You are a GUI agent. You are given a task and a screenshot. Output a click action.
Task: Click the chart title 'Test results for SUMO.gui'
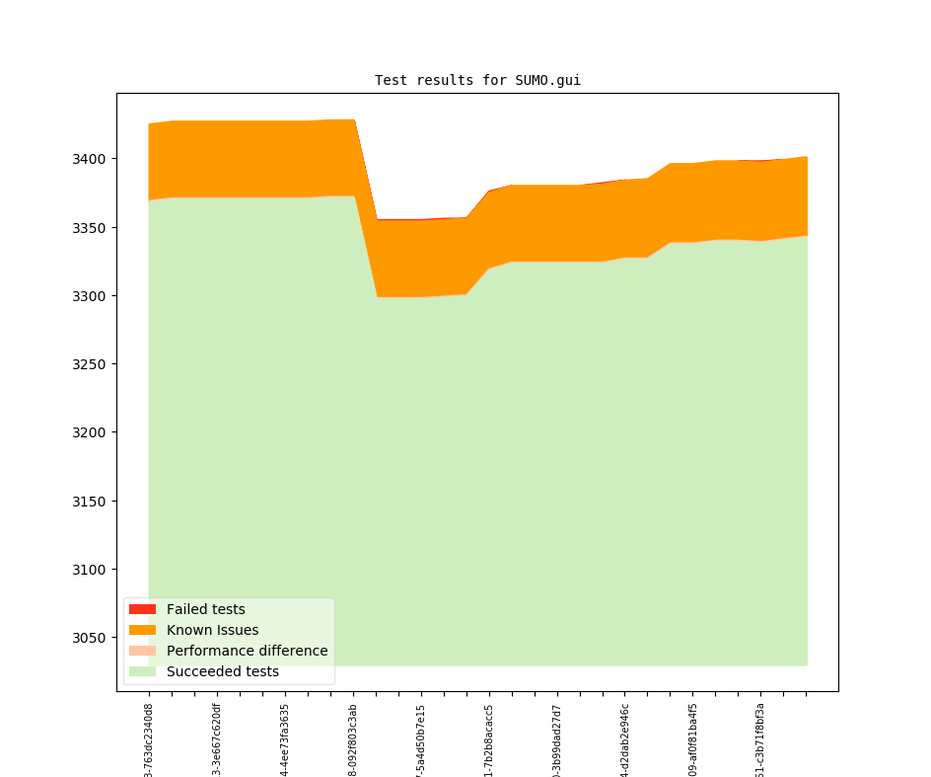pos(477,81)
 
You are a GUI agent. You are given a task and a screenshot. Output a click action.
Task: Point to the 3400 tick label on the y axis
pos(90,159)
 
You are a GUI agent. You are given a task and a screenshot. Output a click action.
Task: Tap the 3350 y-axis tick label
pos(90,228)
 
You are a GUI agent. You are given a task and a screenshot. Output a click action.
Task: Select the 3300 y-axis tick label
pos(90,296)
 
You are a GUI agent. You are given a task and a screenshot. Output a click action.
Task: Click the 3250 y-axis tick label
pos(90,364)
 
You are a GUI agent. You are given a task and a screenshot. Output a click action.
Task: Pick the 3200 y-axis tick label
pos(90,432)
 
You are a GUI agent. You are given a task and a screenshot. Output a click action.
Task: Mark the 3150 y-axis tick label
pos(90,502)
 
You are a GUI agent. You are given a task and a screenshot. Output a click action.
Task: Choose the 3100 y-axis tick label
pos(90,570)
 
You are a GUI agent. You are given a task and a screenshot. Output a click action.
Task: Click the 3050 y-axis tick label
pos(90,638)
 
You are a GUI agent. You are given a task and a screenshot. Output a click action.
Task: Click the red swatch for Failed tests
pos(142,609)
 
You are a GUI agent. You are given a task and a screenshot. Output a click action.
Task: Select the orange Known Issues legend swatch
pos(142,630)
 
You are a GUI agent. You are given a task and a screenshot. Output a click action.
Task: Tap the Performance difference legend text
pos(247,651)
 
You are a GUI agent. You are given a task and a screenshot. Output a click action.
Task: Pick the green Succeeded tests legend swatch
pos(142,671)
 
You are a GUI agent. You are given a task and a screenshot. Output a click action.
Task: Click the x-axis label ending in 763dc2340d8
pos(149,740)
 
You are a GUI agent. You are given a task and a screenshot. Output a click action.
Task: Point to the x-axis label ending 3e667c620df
pos(217,740)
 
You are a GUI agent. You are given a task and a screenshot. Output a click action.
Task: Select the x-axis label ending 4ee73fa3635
pos(285,740)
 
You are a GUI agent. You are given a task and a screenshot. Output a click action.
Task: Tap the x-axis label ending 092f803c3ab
pos(353,740)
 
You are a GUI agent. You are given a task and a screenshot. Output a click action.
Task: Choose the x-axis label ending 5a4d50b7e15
pos(421,740)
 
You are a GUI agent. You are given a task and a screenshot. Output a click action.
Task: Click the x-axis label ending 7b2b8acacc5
pos(489,740)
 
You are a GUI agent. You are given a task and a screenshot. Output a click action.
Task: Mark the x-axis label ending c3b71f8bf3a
pos(760,740)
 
